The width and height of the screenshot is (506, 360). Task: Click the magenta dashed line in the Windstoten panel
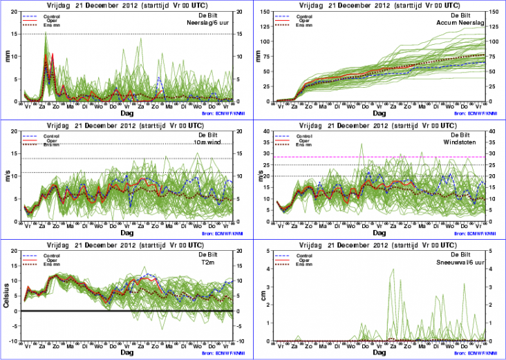pos(380,157)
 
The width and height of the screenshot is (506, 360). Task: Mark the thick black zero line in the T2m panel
pos(124,311)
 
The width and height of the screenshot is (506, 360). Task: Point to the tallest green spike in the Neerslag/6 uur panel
pos(46,32)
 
